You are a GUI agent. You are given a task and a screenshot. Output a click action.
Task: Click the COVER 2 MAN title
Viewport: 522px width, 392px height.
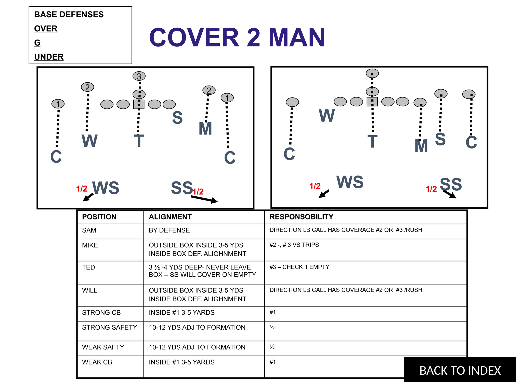237,38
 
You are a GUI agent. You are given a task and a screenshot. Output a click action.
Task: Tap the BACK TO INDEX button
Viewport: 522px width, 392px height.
460,370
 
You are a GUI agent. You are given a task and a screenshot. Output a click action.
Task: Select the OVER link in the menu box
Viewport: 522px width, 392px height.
46,29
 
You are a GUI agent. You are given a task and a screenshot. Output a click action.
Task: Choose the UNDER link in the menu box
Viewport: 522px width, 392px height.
49,57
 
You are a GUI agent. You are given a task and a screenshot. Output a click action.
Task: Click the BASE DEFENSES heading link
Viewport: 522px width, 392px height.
69,15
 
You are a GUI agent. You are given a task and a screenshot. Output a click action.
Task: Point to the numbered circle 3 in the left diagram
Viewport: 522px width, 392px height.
139,76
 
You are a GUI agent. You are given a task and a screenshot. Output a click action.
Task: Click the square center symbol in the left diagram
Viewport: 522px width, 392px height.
139,104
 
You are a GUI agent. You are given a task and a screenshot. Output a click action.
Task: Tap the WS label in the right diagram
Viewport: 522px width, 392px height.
350,182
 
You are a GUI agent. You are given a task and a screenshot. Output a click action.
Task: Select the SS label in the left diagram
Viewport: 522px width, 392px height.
182,188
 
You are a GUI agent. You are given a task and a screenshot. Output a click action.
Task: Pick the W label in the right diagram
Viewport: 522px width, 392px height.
327,115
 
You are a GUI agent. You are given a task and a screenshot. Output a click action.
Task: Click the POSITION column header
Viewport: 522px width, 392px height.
99,217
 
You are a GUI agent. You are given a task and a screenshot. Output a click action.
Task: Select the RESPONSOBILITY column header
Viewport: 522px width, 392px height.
301,217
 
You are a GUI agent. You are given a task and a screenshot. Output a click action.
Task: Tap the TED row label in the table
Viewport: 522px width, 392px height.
88,267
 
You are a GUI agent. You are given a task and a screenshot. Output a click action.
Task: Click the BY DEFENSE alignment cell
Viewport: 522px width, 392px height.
169,230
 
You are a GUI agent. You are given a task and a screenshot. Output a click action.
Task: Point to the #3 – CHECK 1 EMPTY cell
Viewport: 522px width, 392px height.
299,267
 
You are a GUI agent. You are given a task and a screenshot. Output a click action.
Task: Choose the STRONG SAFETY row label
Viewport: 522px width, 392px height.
109,327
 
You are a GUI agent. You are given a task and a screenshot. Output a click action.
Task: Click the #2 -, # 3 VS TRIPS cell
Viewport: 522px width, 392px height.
294,245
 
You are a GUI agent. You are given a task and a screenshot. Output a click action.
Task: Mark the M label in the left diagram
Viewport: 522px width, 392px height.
205,129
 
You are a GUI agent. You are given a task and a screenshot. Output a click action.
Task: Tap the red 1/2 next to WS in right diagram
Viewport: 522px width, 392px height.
315,186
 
